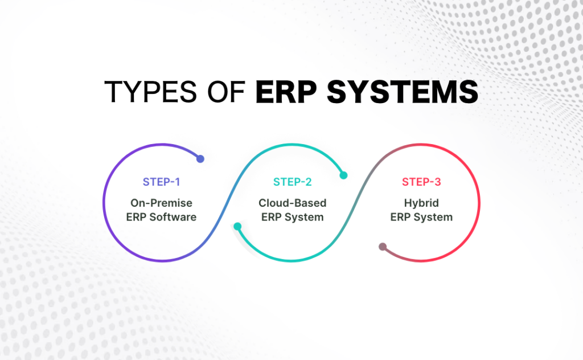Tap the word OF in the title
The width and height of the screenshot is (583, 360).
click(224, 92)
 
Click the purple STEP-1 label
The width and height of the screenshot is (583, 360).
click(161, 182)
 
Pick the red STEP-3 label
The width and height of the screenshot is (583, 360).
click(421, 182)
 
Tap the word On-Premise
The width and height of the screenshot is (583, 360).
click(161, 203)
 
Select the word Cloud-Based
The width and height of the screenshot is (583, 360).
click(292, 203)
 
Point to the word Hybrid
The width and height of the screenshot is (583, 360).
click(421, 203)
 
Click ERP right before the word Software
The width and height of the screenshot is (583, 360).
click(139, 217)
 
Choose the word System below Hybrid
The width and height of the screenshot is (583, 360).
click(434, 217)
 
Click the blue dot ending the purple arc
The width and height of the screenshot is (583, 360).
click(200, 159)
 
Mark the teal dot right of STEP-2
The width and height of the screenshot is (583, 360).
click(343, 175)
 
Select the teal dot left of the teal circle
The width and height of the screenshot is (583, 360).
click(237, 227)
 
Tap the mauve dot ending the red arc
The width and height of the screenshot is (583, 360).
click(383, 247)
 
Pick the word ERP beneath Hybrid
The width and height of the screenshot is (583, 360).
click(401, 217)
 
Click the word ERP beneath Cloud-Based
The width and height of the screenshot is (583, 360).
click(272, 217)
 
